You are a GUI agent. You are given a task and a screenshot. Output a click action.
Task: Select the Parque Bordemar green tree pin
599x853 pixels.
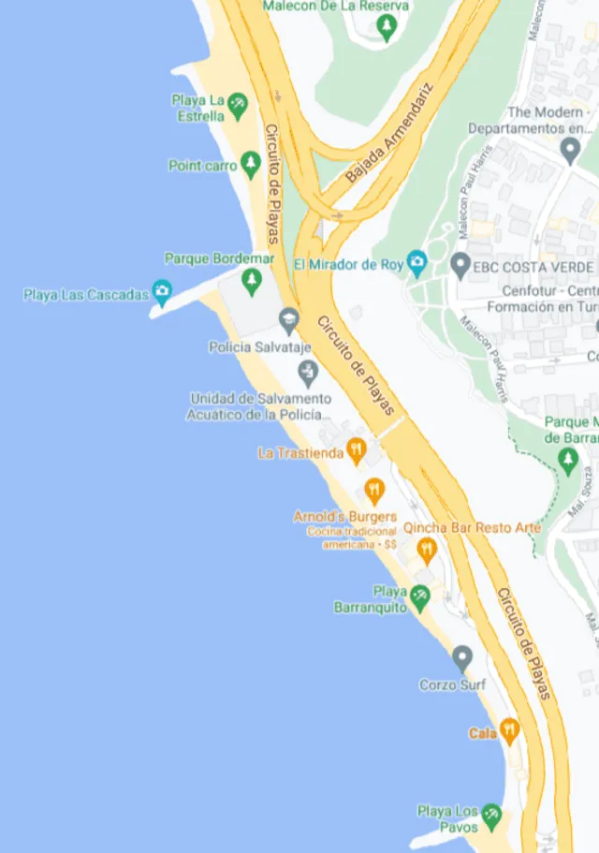tap(251, 278)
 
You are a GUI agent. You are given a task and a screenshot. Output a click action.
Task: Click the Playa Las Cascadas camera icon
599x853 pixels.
tap(162, 293)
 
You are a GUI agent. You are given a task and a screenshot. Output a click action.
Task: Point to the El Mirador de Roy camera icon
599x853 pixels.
tap(417, 263)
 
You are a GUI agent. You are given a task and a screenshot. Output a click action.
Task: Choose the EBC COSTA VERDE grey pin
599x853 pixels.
tap(460, 265)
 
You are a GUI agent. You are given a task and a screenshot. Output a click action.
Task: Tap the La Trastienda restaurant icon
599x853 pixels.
tap(356, 451)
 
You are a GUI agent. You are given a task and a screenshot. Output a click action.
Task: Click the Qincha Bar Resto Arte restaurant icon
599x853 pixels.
tap(428, 548)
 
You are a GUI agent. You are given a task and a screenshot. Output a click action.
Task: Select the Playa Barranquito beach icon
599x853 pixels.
tap(421, 595)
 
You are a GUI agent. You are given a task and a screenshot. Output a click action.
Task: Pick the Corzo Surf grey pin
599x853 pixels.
tap(461, 656)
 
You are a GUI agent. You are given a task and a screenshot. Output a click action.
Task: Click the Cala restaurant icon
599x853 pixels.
tap(509, 729)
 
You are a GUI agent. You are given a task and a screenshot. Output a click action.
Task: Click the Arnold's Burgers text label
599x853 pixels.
tap(345, 516)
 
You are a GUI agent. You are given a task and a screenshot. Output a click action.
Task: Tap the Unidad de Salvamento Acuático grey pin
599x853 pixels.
tap(308, 374)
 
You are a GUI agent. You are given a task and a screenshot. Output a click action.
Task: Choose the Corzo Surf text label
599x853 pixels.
tap(452, 684)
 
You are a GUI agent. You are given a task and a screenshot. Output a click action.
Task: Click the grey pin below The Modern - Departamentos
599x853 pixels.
tap(570, 149)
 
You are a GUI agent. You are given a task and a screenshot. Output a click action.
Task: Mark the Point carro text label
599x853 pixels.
tap(203, 166)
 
